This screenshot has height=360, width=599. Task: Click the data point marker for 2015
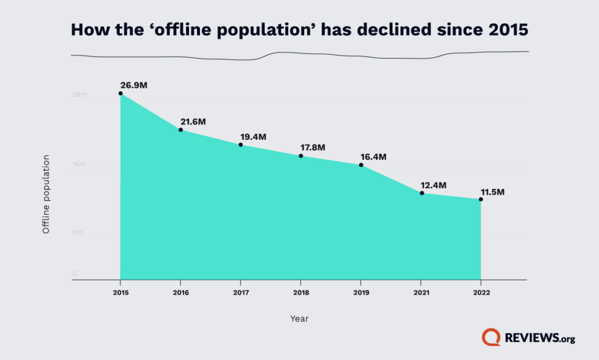pyautogui.click(x=121, y=94)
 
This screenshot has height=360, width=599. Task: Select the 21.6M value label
pyautogui.click(x=193, y=122)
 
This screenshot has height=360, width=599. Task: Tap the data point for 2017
pyautogui.click(x=240, y=145)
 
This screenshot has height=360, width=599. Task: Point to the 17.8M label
pyautogui.click(x=314, y=148)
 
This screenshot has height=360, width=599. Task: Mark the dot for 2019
pyautogui.click(x=361, y=165)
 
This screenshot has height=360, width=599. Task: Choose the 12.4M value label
pyautogui.click(x=433, y=185)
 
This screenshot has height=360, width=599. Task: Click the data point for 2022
pyautogui.click(x=481, y=200)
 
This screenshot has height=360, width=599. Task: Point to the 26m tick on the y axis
pyautogui.click(x=80, y=95)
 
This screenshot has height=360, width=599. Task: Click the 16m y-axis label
pyautogui.click(x=80, y=164)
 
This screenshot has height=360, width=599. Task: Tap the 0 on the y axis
pyautogui.click(x=74, y=273)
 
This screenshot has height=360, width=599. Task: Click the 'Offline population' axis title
pyautogui.click(x=46, y=194)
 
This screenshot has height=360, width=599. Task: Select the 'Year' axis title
pyautogui.click(x=299, y=319)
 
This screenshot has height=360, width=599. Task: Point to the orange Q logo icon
pyautogui.click(x=490, y=337)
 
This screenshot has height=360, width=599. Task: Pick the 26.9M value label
pyautogui.click(x=134, y=85)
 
